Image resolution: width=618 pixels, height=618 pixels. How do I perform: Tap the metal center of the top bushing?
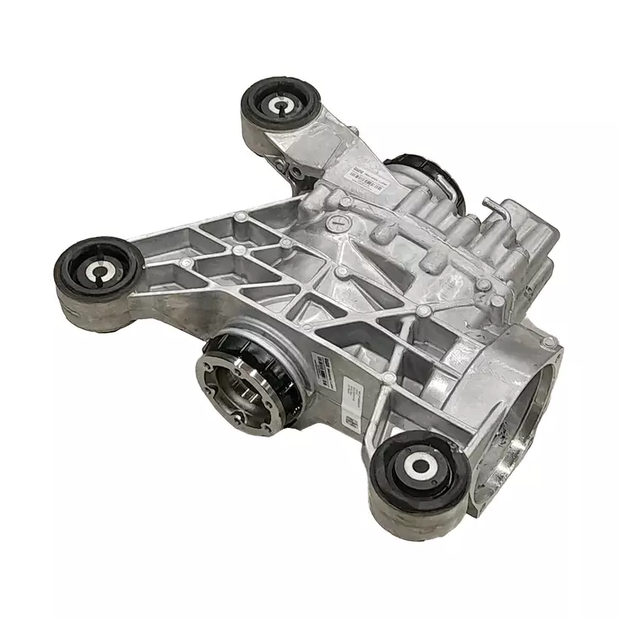pos(280,106)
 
